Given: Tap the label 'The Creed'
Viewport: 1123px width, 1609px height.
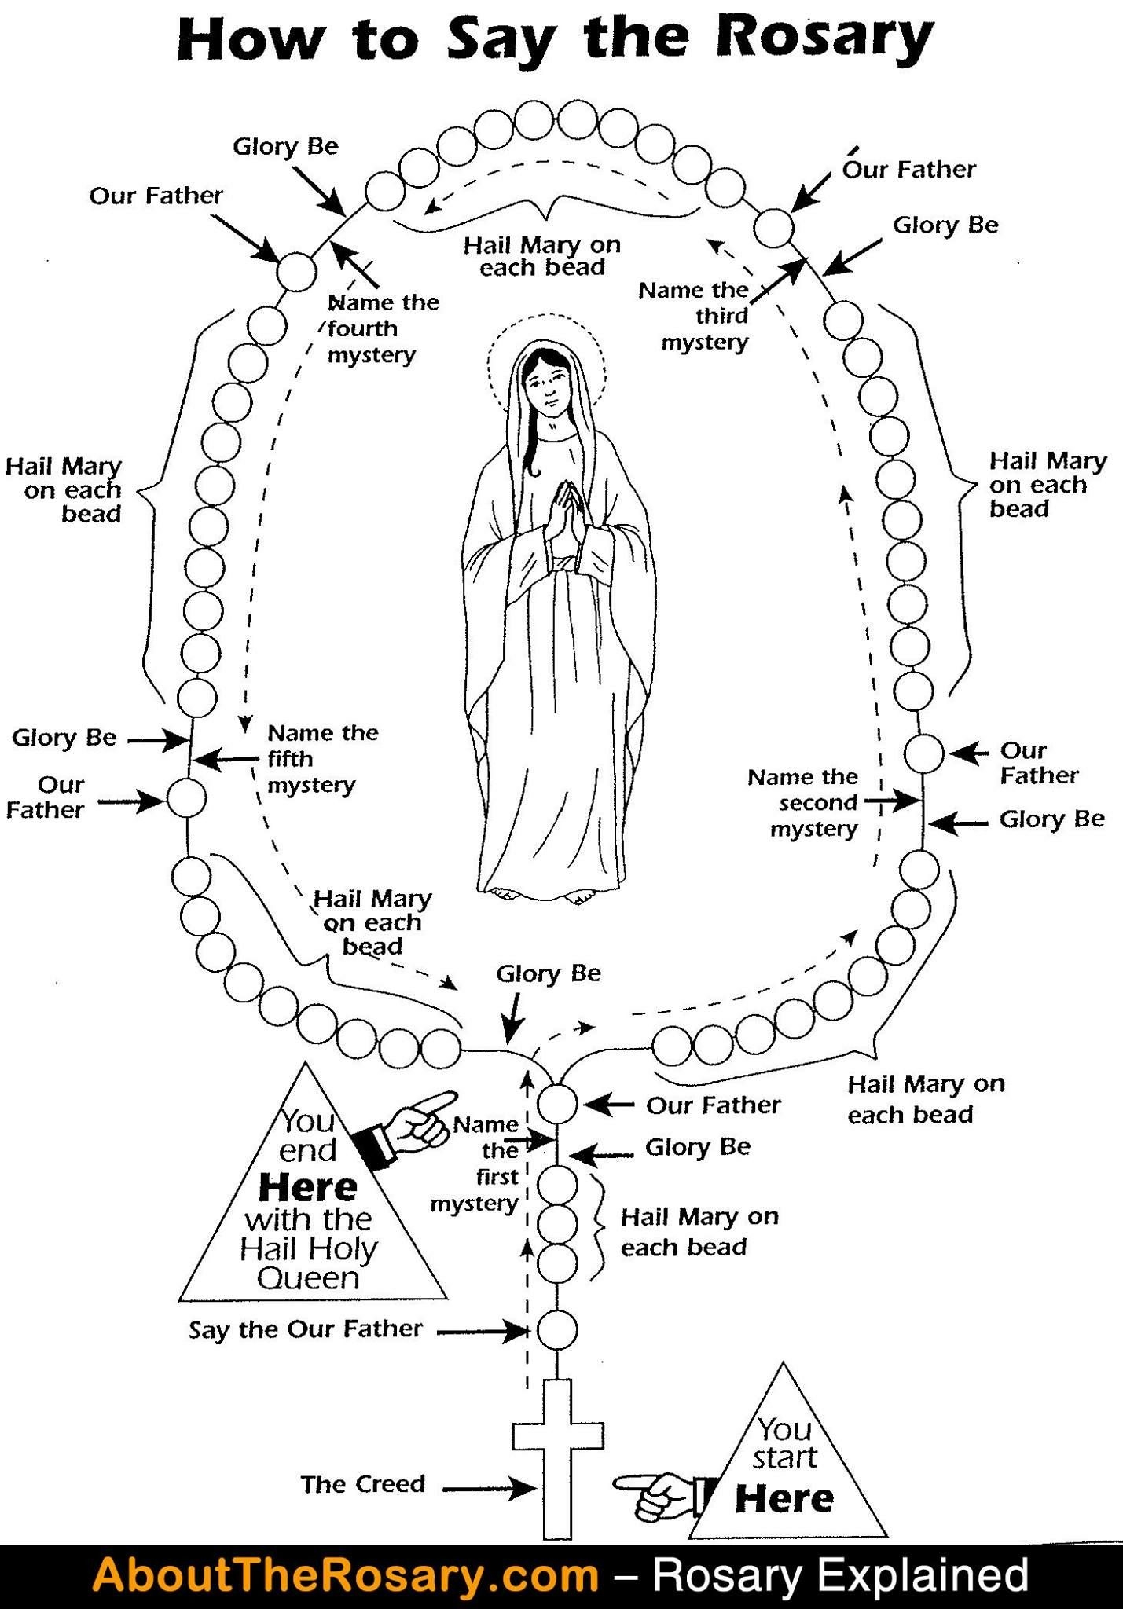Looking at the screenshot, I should point(363,1484).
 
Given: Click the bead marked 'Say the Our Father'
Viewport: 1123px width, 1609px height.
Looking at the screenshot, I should point(557,1331).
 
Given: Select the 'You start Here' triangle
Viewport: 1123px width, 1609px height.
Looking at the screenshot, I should point(786,1466).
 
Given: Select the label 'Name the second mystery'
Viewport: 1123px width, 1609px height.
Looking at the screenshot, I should point(803,803).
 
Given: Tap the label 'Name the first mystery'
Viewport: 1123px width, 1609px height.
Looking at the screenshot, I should point(479,1164).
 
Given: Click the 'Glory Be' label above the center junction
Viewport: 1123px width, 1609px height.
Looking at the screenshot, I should point(549,974).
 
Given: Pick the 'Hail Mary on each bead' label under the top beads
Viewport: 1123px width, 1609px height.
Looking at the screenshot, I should point(542,256).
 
